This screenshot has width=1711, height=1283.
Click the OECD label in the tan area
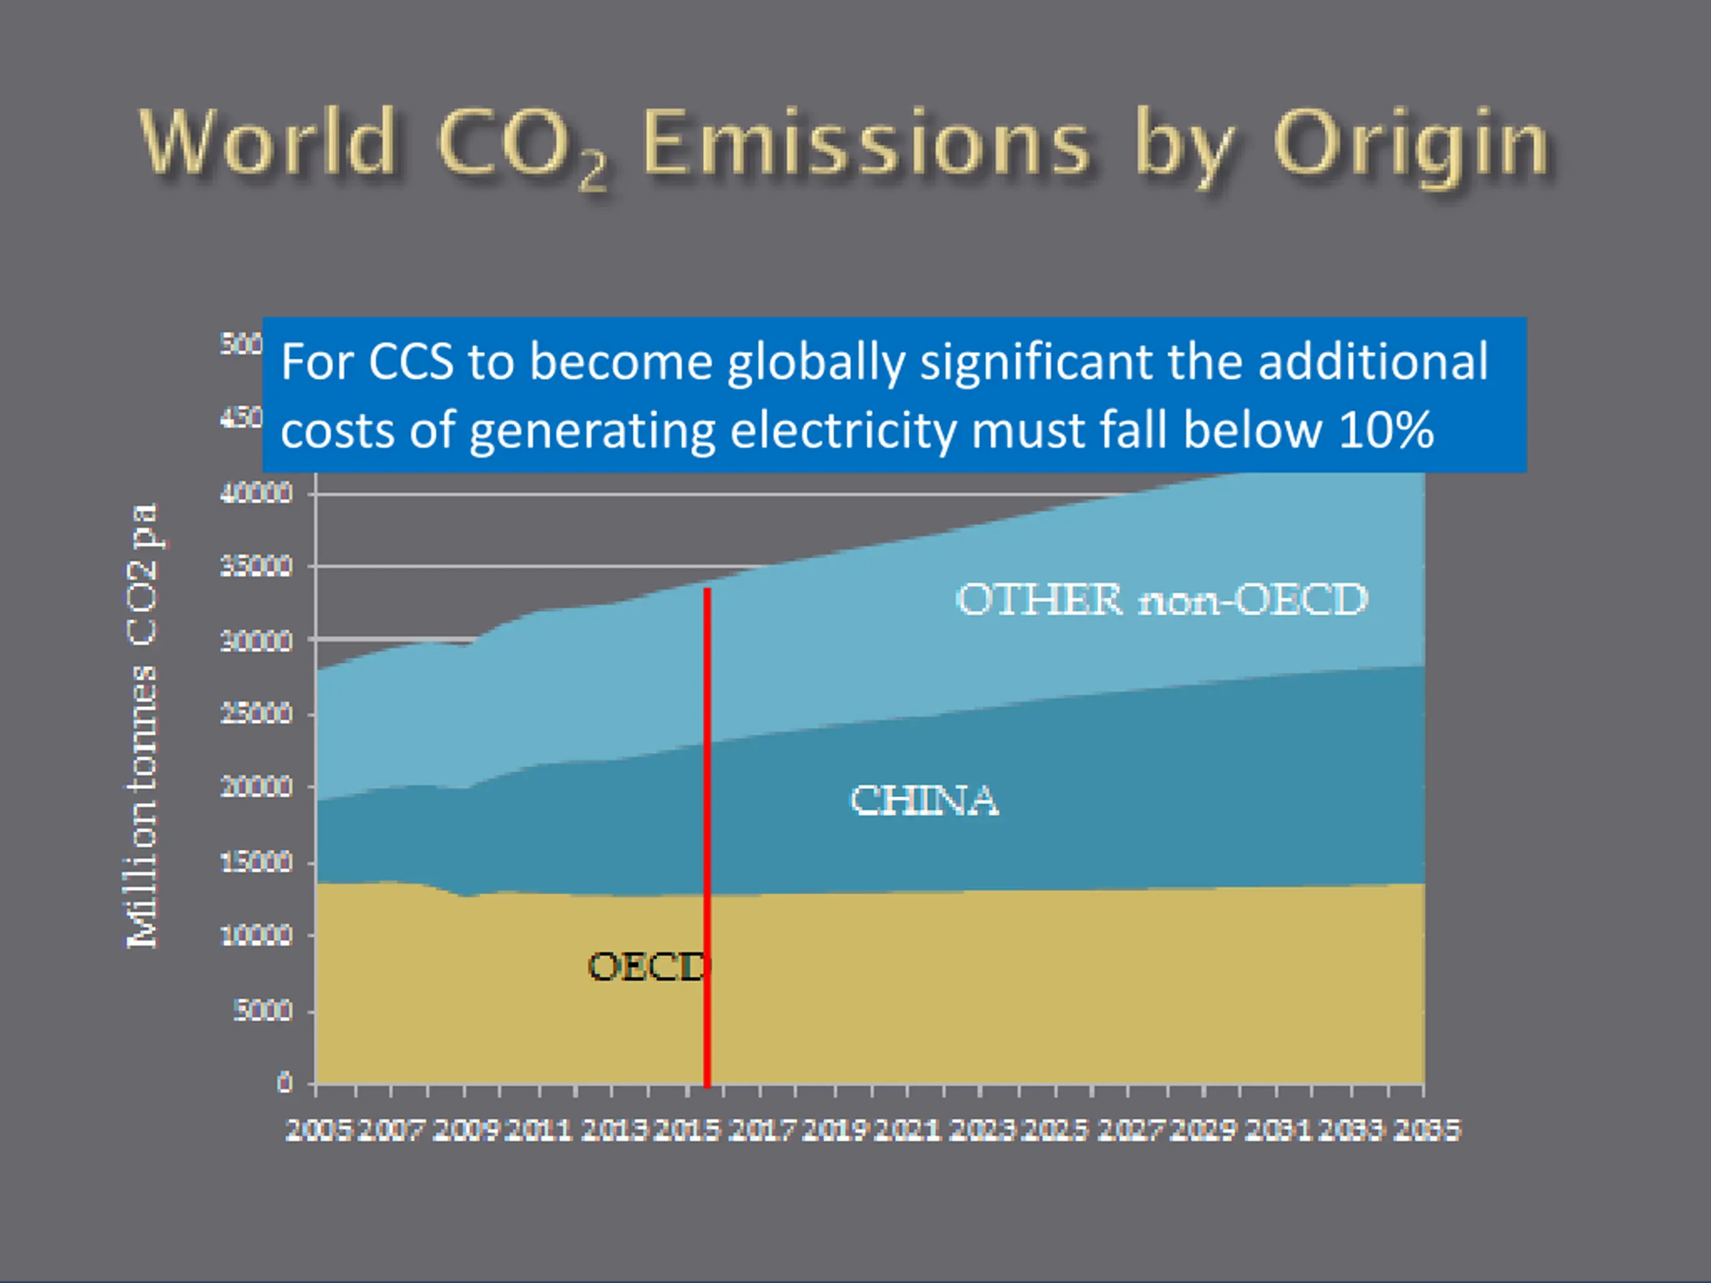pyautogui.click(x=648, y=967)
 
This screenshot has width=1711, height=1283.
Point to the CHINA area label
pyautogui.click(x=924, y=801)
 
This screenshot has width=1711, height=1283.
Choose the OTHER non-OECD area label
pyautogui.click(x=1162, y=599)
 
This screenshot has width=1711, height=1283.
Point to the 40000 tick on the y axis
pyautogui.click(x=256, y=493)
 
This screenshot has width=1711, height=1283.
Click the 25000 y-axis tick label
pyautogui.click(x=256, y=713)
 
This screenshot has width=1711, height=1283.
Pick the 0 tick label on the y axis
pyautogui.click(x=285, y=1083)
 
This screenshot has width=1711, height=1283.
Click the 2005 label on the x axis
pyautogui.click(x=319, y=1131)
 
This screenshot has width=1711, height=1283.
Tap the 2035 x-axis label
pyautogui.click(x=1426, y=1131)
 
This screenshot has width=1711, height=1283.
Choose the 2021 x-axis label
pyautogui.click(x=908, y=1131)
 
